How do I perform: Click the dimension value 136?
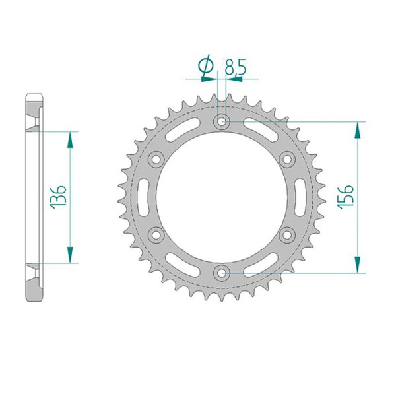[58, 197]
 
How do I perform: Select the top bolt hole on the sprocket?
[222, 121]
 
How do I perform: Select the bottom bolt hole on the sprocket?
[222, 271]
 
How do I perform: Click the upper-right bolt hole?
[287, 158]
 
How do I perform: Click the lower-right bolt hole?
[287, 234]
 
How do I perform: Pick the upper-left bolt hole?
[157, 158]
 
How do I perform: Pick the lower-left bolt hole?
[157, 234]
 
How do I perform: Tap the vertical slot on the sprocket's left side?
[143, 196]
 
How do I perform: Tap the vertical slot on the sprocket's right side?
[302, 196]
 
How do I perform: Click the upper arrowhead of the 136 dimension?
[69, 137]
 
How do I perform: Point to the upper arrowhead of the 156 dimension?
[358, 127]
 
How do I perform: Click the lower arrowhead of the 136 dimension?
[69, 257]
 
